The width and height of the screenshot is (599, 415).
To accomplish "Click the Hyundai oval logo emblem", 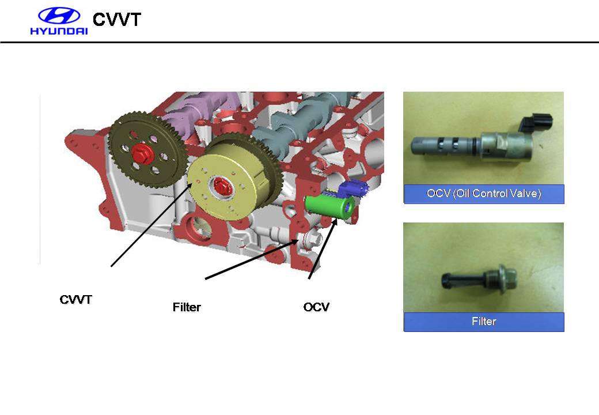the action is (59, 16).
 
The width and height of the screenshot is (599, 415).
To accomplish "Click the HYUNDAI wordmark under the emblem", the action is (59, 31).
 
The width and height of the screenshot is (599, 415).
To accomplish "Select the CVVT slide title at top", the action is (117, 20).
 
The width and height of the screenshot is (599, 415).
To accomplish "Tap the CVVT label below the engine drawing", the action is (75, 299).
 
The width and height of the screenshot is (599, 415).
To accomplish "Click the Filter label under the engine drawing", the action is (187, 307).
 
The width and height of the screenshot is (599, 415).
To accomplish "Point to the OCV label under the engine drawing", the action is (316, 307).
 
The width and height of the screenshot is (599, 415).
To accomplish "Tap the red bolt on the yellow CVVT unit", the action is (221, 187).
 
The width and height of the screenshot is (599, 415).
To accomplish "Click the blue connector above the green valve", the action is (354, 188).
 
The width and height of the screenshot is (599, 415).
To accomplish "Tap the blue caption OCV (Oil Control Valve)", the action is (484, 194).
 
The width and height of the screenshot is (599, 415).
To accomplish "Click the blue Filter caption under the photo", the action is (484, 322).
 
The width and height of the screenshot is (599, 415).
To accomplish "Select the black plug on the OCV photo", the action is (536, 122).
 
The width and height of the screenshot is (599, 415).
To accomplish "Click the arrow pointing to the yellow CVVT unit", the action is (151, 225).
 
